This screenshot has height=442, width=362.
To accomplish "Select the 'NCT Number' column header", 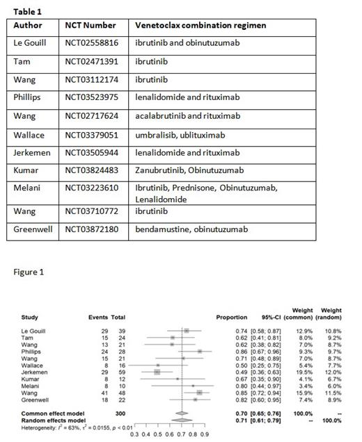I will pos(90,25).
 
